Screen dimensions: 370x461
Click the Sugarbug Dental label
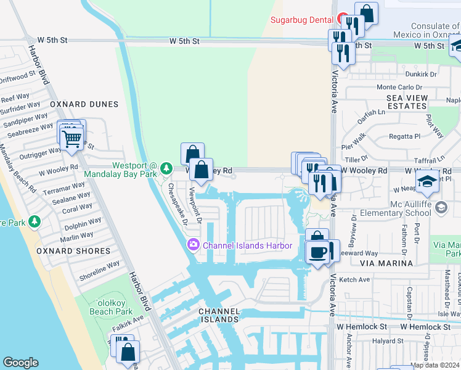302,20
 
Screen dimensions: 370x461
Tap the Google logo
20,363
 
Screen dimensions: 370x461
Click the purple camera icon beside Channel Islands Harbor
194,245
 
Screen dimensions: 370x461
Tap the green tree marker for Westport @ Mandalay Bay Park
166,168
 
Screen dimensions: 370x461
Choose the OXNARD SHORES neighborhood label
73,251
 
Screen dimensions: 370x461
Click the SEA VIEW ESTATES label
407,102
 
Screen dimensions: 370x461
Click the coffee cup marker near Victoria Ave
318,252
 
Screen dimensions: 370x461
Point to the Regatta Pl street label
404,136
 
